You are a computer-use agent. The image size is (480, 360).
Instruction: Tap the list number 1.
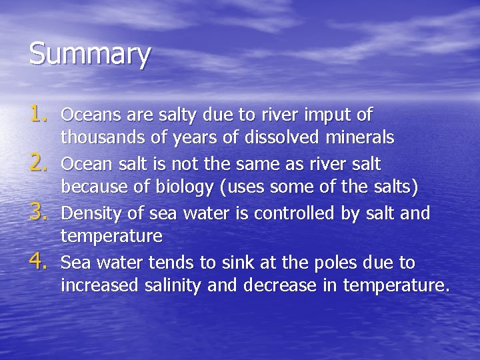[41, 115]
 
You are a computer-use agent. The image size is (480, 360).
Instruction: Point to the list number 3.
[41, 213]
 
